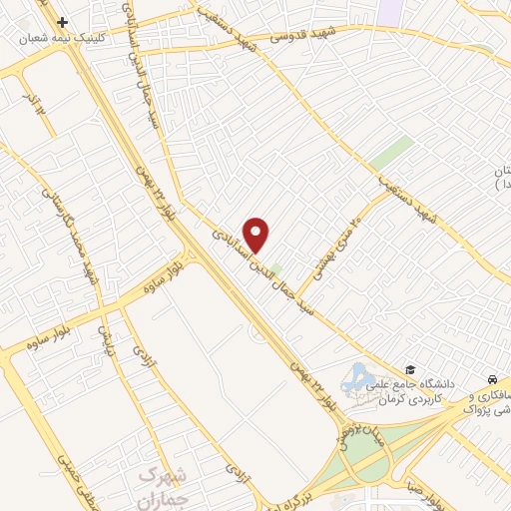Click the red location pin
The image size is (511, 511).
click(256, 234)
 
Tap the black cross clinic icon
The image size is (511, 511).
click(63, 22)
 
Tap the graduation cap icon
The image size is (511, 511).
click(410, 368)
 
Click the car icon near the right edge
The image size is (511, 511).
click(493, 380)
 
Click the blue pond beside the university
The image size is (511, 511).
click(354, 379)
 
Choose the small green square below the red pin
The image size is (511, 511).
click(276, 267)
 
